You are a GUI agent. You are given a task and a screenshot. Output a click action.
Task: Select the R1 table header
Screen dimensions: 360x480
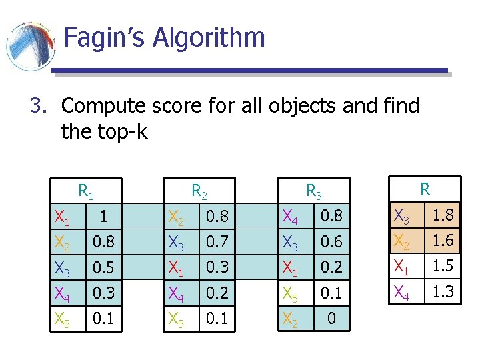(x=85, y=192)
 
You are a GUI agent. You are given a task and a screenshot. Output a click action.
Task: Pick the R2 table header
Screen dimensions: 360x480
(x=199, y=192)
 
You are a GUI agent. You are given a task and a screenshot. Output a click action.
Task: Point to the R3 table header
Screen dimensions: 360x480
(x=313, y=192)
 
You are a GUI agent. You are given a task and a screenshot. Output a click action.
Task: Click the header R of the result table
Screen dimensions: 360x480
(x=425, y=189)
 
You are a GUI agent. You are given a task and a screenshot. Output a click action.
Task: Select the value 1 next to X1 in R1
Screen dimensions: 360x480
(x=102, y=217)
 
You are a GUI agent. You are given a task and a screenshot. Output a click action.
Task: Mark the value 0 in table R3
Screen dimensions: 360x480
(x=331, y=320)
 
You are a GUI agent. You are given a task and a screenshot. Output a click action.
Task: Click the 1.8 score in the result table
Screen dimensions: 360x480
(x=442, y=215)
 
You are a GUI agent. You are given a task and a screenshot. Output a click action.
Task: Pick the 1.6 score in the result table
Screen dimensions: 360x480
(x=442, y=241)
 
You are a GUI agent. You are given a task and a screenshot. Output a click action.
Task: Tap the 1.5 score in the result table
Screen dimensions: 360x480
(x=442, y=266)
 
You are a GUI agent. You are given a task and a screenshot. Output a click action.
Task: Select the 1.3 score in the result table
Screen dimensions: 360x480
(x=442, y=291)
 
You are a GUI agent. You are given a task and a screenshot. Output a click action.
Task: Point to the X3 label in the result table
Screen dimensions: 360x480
(x=402, y=216)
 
